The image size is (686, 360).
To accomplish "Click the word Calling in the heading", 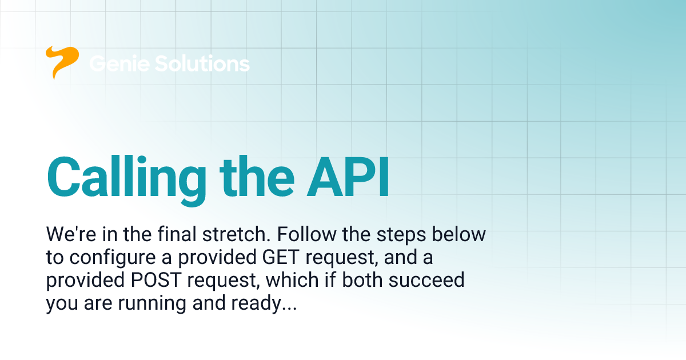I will (126, 175).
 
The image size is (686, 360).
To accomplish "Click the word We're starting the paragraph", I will (69, 235).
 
